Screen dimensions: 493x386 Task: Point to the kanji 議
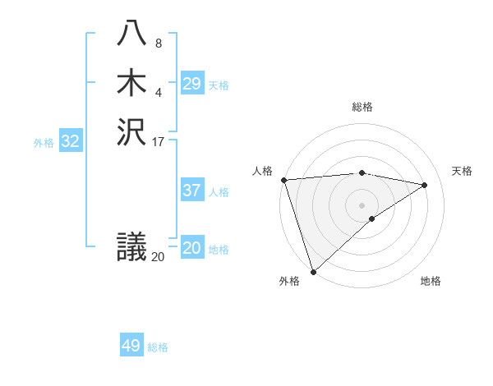pos(131,246)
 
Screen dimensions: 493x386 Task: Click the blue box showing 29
pos(191,84)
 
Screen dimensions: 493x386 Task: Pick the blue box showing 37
pos(191,191)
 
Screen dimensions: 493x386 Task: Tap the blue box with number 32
pos(71,141)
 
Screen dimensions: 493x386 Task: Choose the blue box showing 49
pos(131,346)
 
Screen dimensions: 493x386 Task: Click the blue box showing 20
pos(191,248)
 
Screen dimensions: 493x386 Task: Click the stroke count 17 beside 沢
pos(159,140)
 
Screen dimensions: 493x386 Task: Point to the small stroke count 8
pos(158,44)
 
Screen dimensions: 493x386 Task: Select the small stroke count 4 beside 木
pos(158,91)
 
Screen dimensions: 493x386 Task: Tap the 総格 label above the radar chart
pos(362,107)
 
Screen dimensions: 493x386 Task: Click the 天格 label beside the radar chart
pos(462,171)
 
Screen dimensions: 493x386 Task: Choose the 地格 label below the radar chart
pos(431,282)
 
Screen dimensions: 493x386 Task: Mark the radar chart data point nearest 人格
pos(283,180)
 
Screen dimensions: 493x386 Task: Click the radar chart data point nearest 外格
pos(313,271)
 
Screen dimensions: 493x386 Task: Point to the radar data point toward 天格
pos(425,185)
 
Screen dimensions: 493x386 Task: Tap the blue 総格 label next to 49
pos(158,347)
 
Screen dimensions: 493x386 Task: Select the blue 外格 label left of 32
pos(44,142)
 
